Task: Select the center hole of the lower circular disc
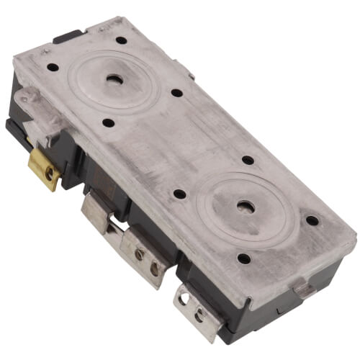tap(246, 207)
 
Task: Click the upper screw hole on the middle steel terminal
tap(139, 253)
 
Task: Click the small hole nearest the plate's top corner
tap(121, 40)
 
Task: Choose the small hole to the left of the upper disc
tap(53, 68)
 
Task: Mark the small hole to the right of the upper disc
tap(176, 93)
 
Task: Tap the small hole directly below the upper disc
tap(107, 122)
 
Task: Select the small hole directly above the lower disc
tap(247, 160)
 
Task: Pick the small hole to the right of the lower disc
tap(311, 220)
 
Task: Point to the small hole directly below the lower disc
tap(243, 258)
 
